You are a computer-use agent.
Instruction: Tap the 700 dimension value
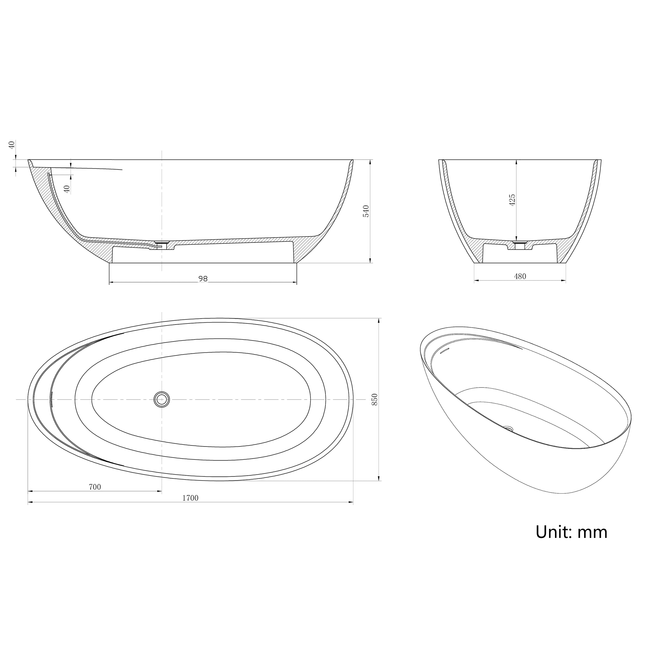tap(95, 487)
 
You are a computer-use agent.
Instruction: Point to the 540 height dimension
tap(366, 211)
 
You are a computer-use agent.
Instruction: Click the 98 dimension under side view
tap(203, 279)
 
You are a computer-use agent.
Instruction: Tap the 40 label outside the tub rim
tap(12, 145)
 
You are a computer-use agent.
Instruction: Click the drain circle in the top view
tap(161, 399)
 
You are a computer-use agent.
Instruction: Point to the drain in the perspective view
tap(509, 428)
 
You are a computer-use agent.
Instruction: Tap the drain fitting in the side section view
tap(161, 243)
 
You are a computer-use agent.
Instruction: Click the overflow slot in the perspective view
tap(444, 351)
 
